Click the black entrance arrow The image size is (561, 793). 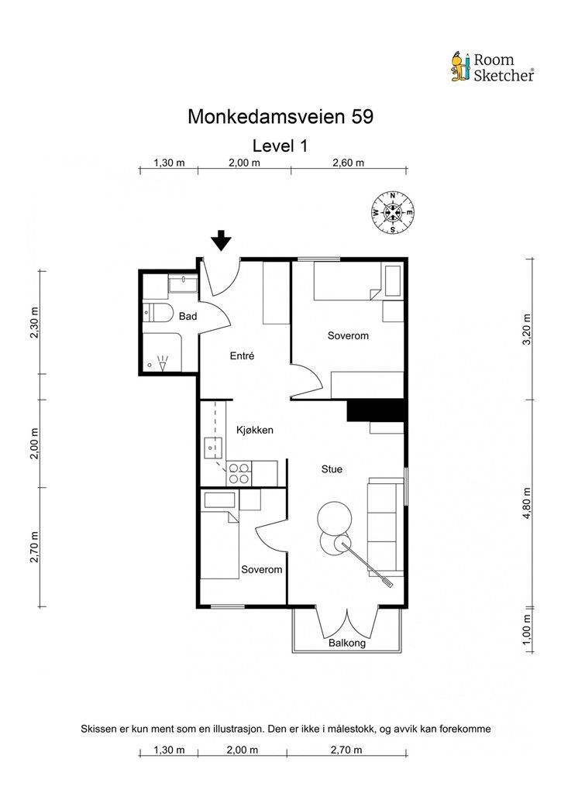221,240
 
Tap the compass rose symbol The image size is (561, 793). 393,212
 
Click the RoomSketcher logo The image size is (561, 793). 493,67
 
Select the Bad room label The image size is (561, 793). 188,317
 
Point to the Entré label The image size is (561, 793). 242,356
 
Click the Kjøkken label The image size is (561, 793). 255,431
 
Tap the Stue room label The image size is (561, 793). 332,469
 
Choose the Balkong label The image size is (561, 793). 347,644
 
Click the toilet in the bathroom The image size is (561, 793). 157,314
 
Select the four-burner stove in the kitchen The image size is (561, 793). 239,474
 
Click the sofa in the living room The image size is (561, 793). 385,527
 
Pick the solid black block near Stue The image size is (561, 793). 376,410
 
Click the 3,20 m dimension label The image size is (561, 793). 527,329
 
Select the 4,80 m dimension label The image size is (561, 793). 527,503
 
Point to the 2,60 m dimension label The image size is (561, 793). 349,163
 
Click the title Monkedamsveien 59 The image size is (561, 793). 280,116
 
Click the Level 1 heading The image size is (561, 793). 280,146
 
